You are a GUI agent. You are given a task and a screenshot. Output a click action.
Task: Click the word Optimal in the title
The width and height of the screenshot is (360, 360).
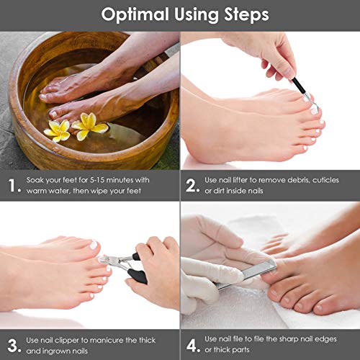[135, 15]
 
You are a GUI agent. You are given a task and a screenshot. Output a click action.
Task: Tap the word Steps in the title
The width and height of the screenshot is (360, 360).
[246, 15]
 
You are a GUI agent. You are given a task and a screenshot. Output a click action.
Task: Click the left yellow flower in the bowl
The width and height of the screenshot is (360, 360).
[58, 131]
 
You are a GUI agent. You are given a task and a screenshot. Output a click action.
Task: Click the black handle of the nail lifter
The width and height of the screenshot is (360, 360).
[300, 86]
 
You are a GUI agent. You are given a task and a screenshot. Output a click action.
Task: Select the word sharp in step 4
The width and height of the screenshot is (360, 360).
[289, 339]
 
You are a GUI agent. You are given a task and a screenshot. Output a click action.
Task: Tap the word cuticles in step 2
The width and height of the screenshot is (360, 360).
[325, 180]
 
